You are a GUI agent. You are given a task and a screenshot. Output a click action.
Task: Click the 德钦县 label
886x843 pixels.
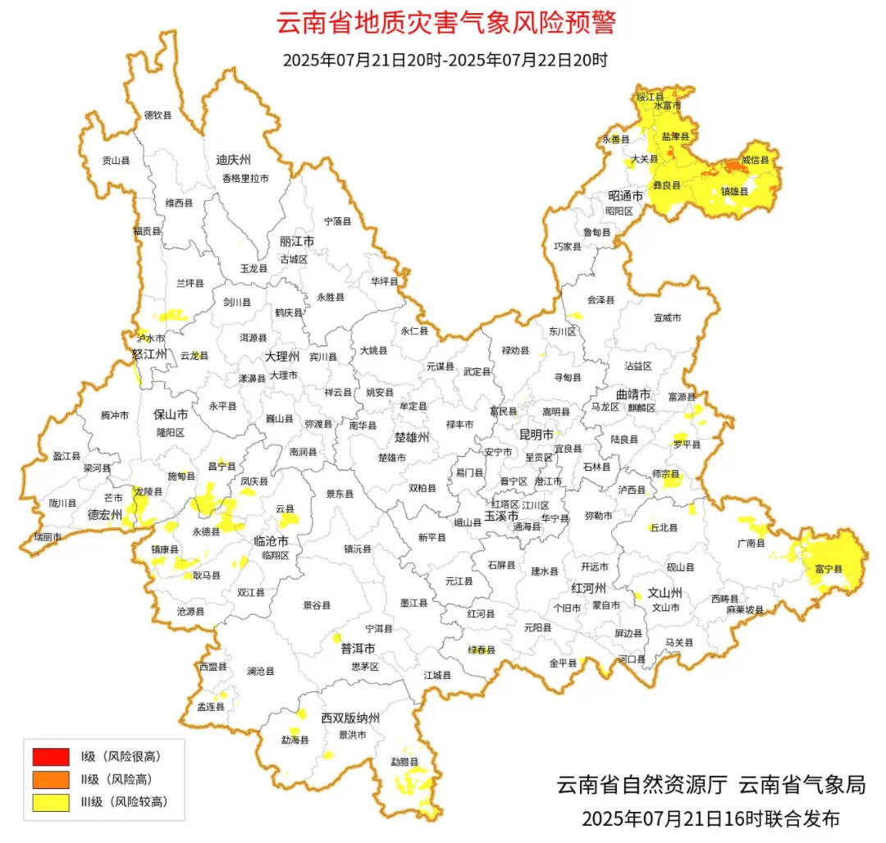click(158, 116)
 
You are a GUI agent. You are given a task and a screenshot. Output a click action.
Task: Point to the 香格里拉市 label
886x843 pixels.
click(244, 178)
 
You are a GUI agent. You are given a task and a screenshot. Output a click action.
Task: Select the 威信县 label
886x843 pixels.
click(755, 160)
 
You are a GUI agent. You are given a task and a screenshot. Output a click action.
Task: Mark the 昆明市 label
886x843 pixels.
click(537, 433)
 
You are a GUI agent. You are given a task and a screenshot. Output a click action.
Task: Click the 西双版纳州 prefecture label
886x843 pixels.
click(350, 718)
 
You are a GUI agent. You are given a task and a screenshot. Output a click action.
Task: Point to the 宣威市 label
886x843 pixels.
click(667, 317)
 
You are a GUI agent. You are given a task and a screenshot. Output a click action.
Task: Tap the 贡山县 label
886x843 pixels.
click(116, 162)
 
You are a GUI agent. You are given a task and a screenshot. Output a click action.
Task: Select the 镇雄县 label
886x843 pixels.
click(734, 191)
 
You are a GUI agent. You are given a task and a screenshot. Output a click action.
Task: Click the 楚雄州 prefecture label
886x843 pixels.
click(412, 437)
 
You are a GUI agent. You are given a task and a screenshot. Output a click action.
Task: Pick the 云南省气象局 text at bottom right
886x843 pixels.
click(802, 784)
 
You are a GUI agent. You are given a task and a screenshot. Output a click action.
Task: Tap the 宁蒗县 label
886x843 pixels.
click(337, 221)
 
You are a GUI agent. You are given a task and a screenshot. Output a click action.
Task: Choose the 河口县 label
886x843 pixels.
click(632, 659)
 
